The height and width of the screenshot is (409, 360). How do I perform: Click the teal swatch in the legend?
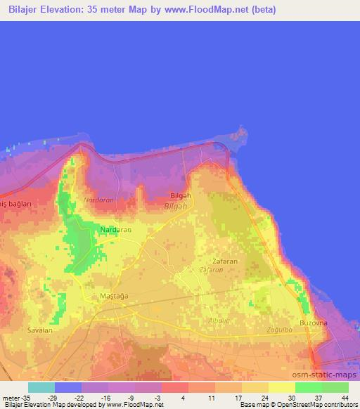[41, 387]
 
